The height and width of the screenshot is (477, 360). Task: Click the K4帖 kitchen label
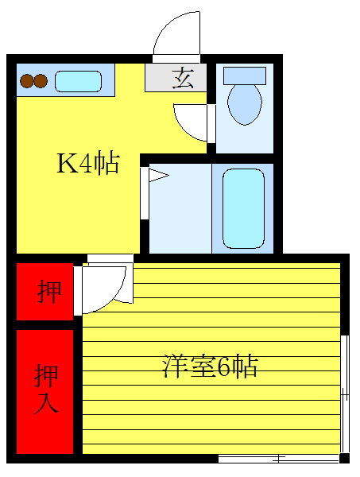point(87,163)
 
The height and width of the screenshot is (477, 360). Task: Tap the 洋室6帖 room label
point(211,366)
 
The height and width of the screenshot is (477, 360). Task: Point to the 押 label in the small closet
point(48,292)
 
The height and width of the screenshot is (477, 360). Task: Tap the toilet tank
point(244,75)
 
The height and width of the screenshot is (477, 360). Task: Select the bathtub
point(243,208)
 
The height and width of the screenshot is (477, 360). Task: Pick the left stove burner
point(26,80)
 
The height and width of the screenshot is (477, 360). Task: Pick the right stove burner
point(40,80)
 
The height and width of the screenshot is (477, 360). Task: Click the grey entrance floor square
point(176,79)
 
